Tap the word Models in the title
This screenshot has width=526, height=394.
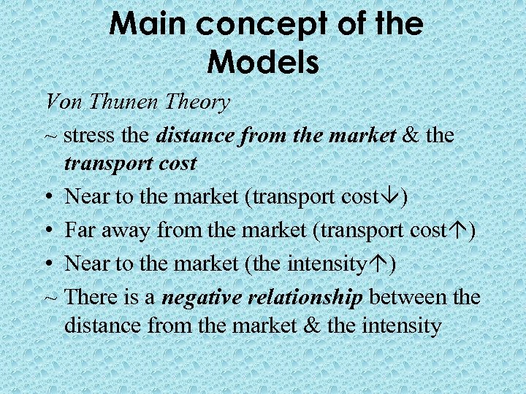[263, 62]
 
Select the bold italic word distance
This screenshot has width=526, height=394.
[195, 135]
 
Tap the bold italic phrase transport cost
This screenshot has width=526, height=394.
[131, 163]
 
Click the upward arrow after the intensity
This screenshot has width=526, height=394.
[380, 264]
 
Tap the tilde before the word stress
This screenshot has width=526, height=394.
[50, 136]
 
